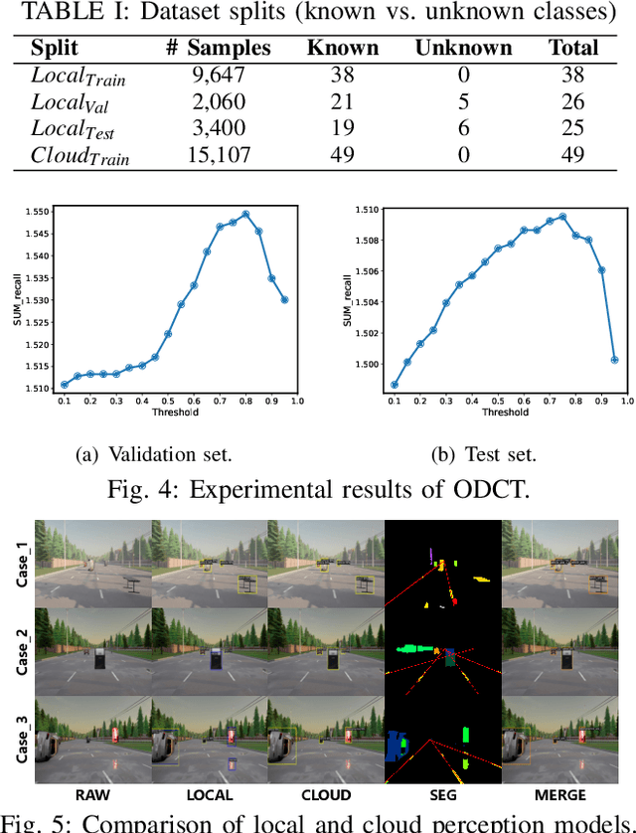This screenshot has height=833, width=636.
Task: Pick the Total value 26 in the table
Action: pyautogui.click(x=572, y=101)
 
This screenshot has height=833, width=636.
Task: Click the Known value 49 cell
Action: pyautogui.click(x=343, y=154)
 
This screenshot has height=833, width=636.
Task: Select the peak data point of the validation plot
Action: pyautogui.click(x=245, y=214)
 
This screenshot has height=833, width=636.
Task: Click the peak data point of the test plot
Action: pyautogui.click(x=562, y=217)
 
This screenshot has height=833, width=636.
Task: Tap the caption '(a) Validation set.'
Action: pyautogui.click(x=153, y=454)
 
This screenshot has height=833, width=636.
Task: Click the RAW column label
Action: pyautogui.click(x=93, y=794)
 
